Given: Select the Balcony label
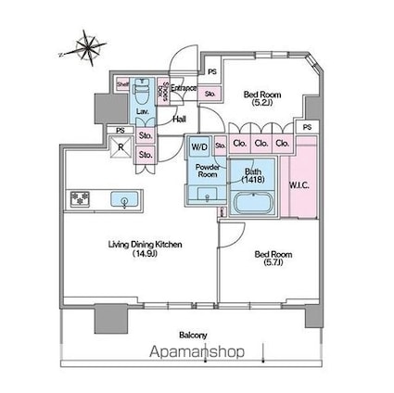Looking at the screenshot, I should click(x=192, y=335).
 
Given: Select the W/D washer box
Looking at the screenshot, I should click(x=199, y=147).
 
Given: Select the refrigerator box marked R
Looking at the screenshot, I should click(x=120, y=146).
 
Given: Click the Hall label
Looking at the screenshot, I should click(x=180, y=119).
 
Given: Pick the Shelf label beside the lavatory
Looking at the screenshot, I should click(x=121, y=84).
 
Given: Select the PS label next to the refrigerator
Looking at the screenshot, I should click(x=120, y=130).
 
